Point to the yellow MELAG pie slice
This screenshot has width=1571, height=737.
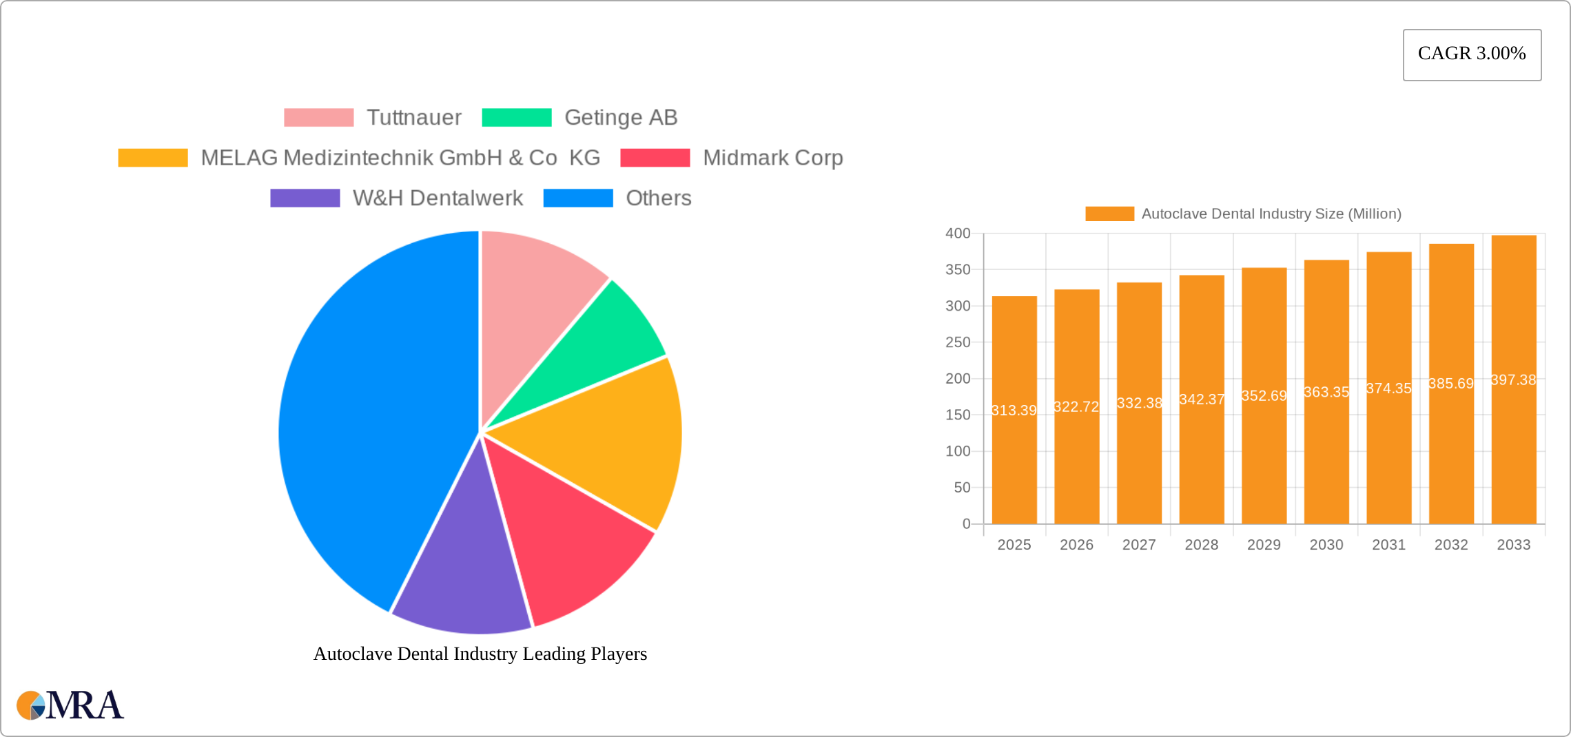coord(606,448)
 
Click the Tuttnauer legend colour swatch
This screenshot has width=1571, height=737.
coord(318,118)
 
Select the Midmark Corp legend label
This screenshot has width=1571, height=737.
coord(772,158)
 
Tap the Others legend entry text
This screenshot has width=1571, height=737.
coord(658,198)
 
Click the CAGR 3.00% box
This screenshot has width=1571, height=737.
coord(1472,54)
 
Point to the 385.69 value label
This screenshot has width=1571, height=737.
coord(1451,384)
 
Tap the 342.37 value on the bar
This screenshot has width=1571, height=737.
coord(1202,399)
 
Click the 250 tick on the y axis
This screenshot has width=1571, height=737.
coord(958,342)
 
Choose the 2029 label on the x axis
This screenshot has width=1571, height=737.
coord(1264,545)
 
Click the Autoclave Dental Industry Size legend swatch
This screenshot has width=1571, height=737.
coord(1109,214)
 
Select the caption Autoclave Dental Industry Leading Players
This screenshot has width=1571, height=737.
coord(480,654)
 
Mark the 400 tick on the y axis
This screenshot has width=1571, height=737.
coord(958,233)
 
